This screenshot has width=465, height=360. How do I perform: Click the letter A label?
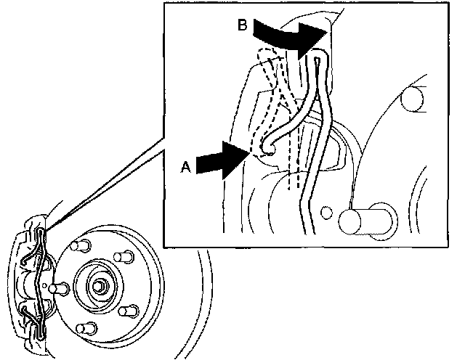[186, 166]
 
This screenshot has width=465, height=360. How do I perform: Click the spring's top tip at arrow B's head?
[318, 60]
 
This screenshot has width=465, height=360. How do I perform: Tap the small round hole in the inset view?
[327, 213]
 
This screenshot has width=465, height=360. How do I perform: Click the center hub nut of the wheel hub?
[99, 285]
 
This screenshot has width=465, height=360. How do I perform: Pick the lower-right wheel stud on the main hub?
[129, 311]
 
